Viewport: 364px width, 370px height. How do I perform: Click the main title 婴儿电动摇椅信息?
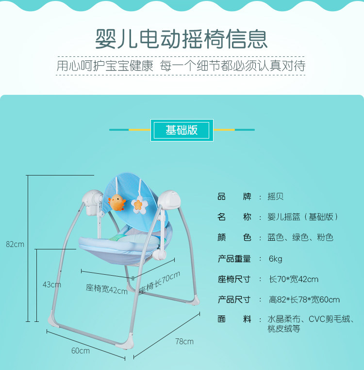coord(182,38)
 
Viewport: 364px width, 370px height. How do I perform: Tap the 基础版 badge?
coord(182,131)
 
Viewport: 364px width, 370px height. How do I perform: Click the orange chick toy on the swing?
coord(116,202)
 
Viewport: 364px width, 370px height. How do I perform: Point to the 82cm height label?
coord(15,244)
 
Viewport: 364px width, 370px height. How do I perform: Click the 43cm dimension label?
coord(52,284)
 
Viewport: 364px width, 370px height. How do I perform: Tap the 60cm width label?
coord(81,351)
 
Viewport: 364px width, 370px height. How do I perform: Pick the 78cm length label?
coord(184,341)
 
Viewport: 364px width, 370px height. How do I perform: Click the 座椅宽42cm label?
coord(107,289)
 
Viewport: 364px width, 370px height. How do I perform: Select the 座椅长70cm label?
coord(160,283)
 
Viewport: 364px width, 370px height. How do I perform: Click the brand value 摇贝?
coord(276,197)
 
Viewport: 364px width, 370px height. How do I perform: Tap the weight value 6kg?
coord(276,259)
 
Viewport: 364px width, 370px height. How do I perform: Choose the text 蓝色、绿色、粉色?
coord(300,238)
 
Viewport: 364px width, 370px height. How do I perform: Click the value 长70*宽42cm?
coord(294,279)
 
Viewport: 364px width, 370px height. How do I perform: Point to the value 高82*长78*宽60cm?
coord(304,300)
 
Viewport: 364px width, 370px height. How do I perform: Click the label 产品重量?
coord(234,259)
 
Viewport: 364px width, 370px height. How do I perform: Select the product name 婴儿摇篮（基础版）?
coord(303,217)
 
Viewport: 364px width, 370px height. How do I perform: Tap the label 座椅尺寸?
coord(234,279)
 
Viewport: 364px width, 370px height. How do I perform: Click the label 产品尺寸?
coord(234,300)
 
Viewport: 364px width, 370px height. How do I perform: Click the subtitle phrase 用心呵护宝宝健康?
coord(105,66)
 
